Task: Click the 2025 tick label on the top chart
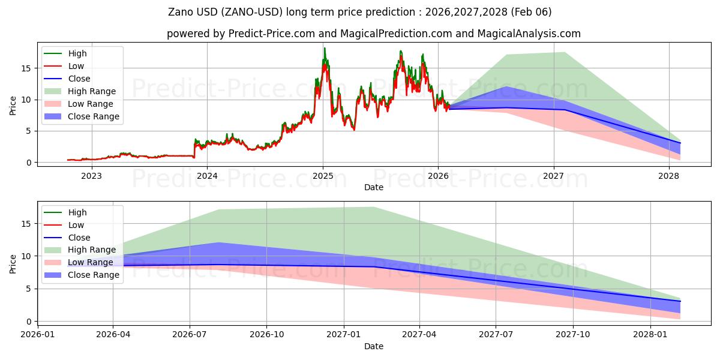coord(323,176)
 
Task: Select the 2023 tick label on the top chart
coord(91,176)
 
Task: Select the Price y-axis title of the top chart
coord(13,105)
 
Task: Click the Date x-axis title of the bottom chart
coord(374,346)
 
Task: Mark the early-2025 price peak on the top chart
coord(325,49)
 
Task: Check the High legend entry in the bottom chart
coord(77,212)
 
